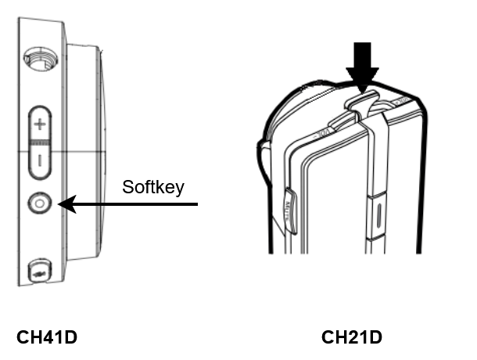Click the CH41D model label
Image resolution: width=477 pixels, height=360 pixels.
tap(47, 337)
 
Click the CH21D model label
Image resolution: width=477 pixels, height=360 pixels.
tap(352, 337)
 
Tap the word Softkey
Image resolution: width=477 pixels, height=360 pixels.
tap(153, 187)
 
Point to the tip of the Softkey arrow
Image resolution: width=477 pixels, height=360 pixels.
tap(58, 204)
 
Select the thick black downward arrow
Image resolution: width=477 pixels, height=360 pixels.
tap(362, 67)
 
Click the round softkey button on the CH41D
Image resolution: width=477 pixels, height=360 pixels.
tap(40, 203)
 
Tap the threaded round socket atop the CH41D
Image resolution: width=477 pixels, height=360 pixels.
tap(41, 59)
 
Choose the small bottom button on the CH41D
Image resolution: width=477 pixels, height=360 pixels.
tap(40, 271)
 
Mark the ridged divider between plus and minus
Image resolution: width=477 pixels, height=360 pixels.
tap(40, 142)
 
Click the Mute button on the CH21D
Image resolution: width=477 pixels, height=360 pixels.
tap(290, 211)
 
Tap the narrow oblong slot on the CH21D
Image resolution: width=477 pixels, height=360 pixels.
tap(378, 217)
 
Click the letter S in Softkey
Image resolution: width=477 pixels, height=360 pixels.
tap(127, 187)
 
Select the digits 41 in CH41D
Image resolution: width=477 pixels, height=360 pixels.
tap(46, 337)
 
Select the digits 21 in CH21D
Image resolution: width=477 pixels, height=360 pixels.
tap(351, 337)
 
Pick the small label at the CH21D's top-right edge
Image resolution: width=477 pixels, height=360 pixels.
tap(401, 101)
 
